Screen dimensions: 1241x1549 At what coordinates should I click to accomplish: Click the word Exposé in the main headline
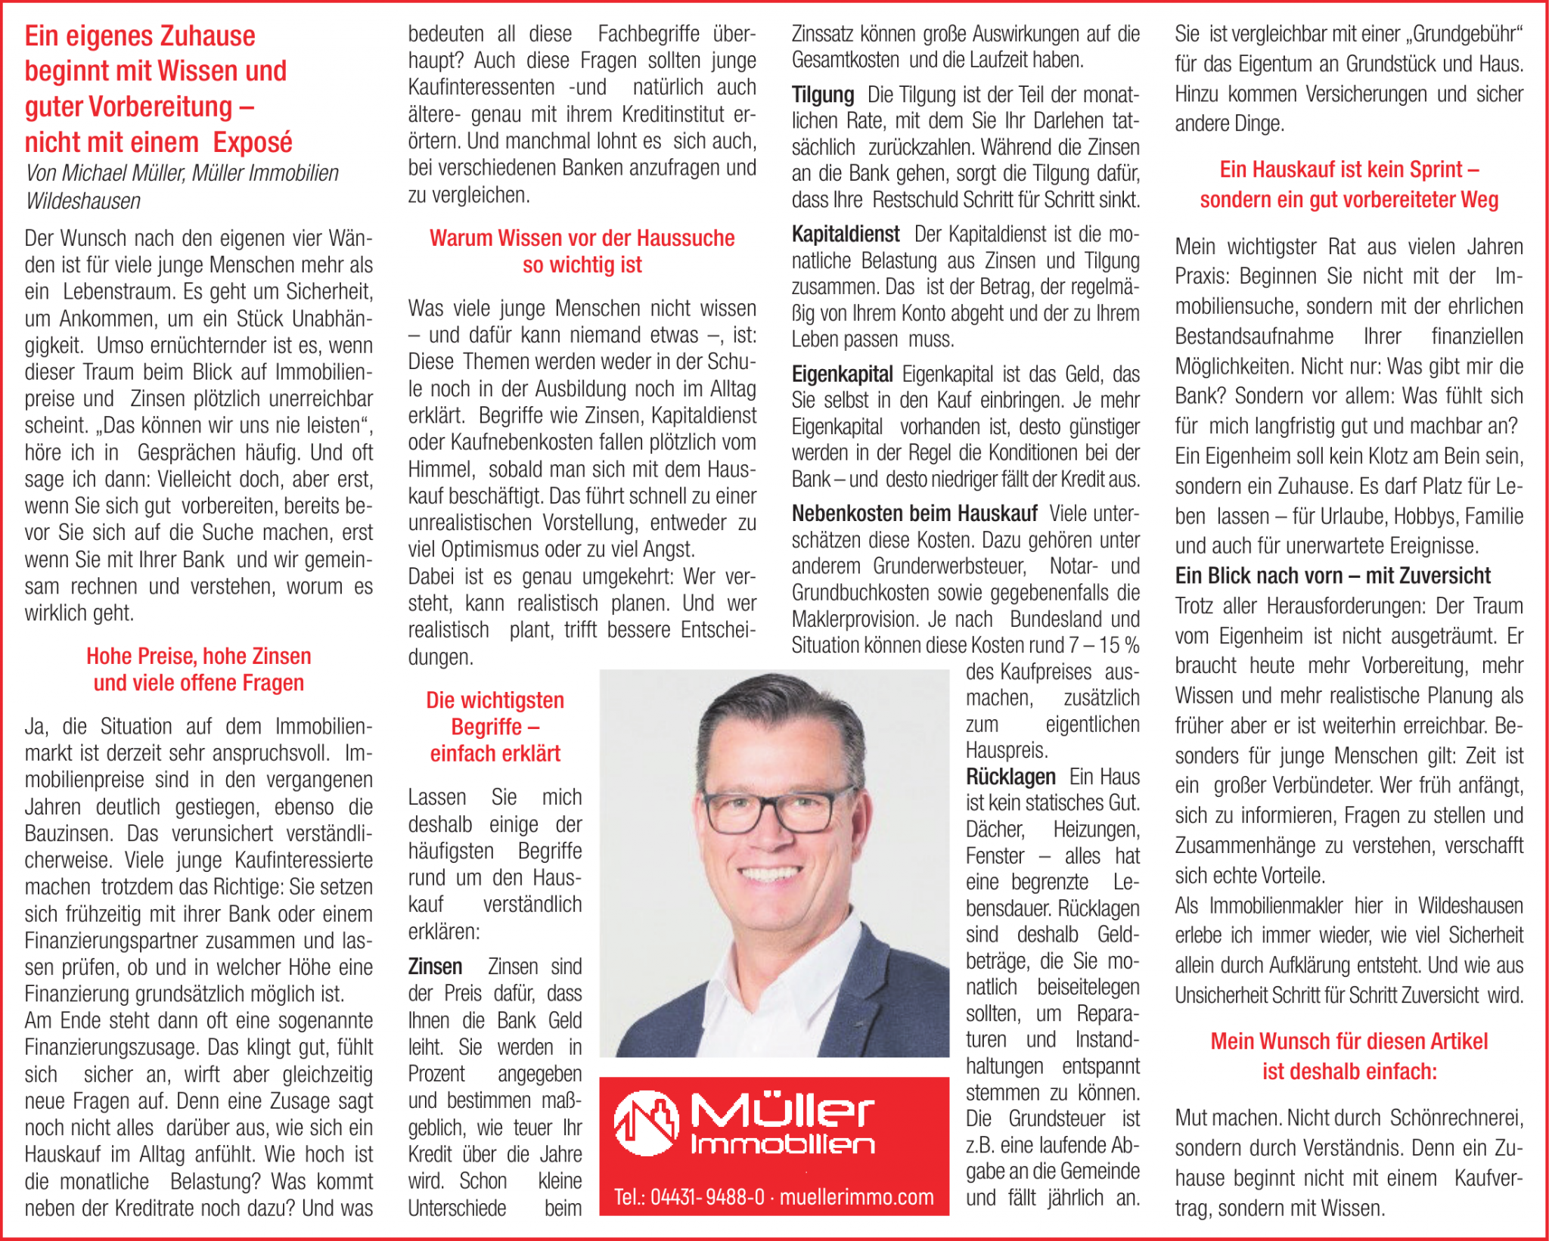[252, 142]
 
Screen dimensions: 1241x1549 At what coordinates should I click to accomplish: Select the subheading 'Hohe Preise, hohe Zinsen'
[198, 656]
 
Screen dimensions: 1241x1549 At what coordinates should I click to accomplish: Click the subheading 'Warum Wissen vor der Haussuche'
[582, 238]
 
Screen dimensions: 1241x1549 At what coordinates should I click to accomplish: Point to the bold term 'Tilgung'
[822, 95]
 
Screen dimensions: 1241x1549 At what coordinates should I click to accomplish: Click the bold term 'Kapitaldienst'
[845, 234]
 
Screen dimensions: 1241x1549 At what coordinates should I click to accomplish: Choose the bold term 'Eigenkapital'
[842, 374]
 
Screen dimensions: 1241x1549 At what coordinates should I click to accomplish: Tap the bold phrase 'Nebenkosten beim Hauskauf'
[914, 514]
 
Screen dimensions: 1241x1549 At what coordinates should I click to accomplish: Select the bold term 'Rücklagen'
[1010, 777]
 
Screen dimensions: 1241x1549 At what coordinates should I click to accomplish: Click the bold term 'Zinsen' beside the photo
[435, 967]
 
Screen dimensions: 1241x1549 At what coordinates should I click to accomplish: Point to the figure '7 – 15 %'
[1104, 646]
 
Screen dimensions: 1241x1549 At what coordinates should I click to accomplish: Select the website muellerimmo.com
[856, 1198]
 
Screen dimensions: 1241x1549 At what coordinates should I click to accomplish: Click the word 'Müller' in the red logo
[782, 1111]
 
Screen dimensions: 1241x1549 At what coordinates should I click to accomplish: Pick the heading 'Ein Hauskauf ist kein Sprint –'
[1349, 170]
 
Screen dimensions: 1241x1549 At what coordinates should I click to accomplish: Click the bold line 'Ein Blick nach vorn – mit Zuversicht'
[1332, 576]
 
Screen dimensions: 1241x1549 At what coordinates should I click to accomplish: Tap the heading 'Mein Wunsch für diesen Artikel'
[1349, 1042]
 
